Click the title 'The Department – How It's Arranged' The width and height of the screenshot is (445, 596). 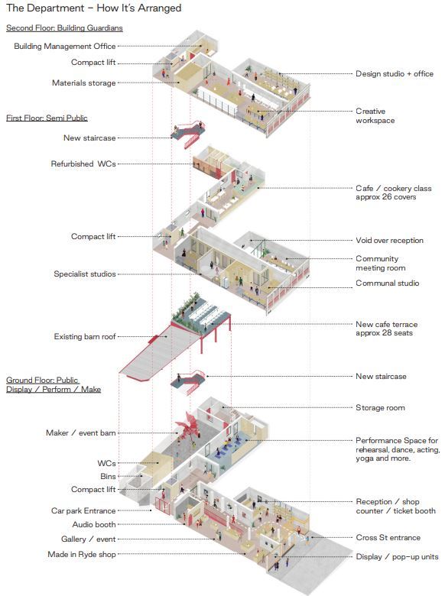tap(93, 8)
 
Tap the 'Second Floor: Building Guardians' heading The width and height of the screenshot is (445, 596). tap(64, 28)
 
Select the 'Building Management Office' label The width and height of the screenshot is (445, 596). tap(65, 46)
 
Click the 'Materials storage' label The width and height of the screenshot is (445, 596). tap(83, 83)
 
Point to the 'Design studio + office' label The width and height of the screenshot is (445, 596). tap(395, 74)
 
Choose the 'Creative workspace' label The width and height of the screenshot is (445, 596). tap(375, 116)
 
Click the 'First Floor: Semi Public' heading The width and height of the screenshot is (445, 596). tap(47, 118)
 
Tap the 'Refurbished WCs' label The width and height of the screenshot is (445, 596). tap(83, 164)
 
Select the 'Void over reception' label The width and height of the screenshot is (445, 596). tap(389, 240)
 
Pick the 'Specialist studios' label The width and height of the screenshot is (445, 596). tap(84, 274)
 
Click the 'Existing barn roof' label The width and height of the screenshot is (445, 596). tap(84, 336)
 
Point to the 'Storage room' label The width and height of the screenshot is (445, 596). tap(380, 407)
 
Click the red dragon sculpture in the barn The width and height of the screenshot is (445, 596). tap(189, 425)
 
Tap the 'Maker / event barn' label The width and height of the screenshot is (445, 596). tap(80, 432)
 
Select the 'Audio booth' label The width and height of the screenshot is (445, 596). tap(94, 524)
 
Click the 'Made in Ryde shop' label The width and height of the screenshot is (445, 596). tap(81, 554)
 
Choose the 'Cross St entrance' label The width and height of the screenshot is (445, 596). tap(388, 537)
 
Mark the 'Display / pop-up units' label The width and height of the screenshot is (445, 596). tap(397, 556)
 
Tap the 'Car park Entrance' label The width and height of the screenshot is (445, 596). tap(83, 510)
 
